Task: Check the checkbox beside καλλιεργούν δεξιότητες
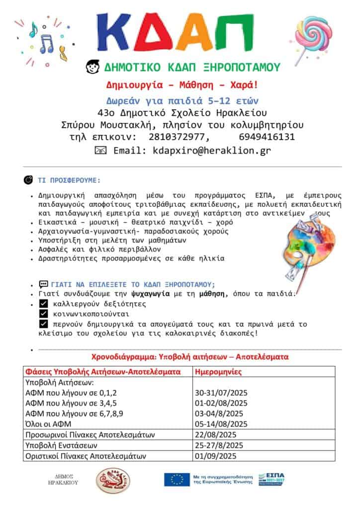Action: click(43, 304)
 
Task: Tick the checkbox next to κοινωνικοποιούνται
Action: click(43, 314)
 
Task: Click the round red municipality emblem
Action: click(113, 481)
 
